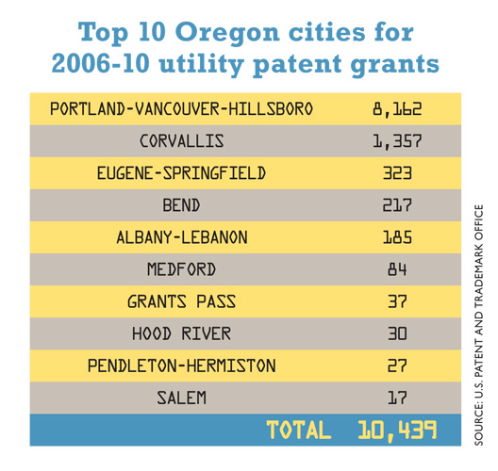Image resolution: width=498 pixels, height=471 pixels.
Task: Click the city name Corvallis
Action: (182, 140)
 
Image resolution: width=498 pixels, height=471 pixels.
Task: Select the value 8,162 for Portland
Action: (397, 109)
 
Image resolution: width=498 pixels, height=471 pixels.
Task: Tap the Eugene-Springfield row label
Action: (181, 173)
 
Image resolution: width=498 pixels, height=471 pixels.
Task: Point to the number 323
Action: (397, 173)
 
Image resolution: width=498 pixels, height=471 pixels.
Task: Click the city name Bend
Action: (181, 205)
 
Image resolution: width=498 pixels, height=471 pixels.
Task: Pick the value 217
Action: (397, 205)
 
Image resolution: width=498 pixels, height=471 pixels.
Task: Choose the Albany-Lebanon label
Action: (182, 237)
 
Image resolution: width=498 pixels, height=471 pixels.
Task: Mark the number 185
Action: (397, 237)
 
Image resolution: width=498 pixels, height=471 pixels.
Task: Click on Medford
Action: (181, 269)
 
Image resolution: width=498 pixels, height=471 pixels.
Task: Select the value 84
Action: (397, 269)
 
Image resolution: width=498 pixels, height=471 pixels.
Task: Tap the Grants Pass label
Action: (181, 301)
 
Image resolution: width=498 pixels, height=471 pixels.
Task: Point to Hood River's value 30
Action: (397, 333)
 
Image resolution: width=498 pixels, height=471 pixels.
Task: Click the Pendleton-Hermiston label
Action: (182, 365)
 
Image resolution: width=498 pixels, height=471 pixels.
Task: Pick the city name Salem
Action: (181, 398)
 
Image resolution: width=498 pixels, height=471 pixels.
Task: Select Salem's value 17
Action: (397, 398)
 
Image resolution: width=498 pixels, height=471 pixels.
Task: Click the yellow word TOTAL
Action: (299, 430)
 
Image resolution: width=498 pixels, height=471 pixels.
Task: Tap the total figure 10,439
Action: (397, 430)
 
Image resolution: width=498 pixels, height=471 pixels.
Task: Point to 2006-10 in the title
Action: (100, 64)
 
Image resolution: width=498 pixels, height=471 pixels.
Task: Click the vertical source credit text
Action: (478, 325)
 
